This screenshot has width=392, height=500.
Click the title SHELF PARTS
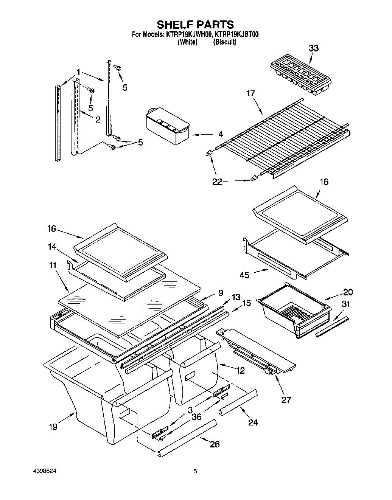pyautogui.click(x=195, y=25)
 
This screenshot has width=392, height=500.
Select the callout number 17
pyautogui.click(x=250, y=93)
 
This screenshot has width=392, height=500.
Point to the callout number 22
pyautogui.click(x=217, y=182)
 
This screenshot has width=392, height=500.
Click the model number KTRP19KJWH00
pyautogui.click(x=188, y=35)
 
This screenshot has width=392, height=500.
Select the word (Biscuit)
pyautogui.click(x=225, y=42)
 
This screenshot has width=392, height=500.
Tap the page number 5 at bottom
pyautogui.click(x=195, y=471)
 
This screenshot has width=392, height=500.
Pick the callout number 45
pyautogui.click(x=244, y=275)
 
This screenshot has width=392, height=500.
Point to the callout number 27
pyautogui.click(x=286, y=399)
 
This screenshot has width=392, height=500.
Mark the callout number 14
pyautogui.click(x=52, y=247)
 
